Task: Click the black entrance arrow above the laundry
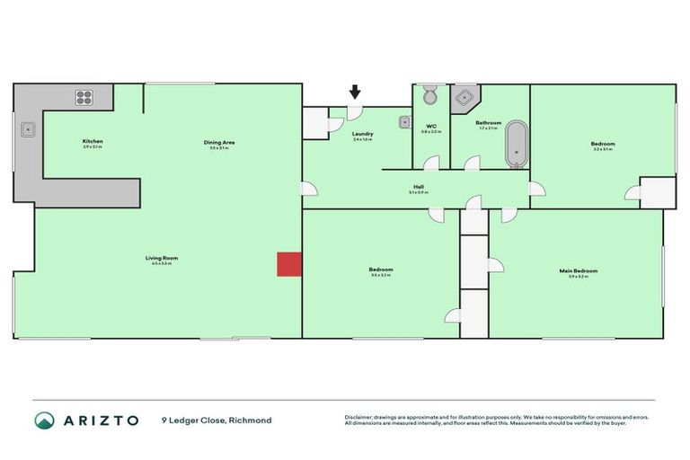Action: click(355, 92)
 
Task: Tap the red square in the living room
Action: click(288, 263)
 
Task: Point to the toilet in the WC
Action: click(429, 95)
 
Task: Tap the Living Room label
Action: click(162, 258)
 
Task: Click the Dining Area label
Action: click(219, 142)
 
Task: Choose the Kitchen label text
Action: click(93, 141)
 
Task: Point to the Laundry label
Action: click(363, 135)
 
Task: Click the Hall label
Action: click(419, 188)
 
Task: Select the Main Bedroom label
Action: click(578, 270)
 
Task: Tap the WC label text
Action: click(431, 126)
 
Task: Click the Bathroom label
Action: click(489, 122)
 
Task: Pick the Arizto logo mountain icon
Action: click(44, 420)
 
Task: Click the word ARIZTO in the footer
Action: click(101, 420)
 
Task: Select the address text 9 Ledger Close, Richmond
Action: click(217, 420)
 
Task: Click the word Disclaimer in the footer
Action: click(358, 417)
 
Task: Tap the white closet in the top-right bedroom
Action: click(658, 192)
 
